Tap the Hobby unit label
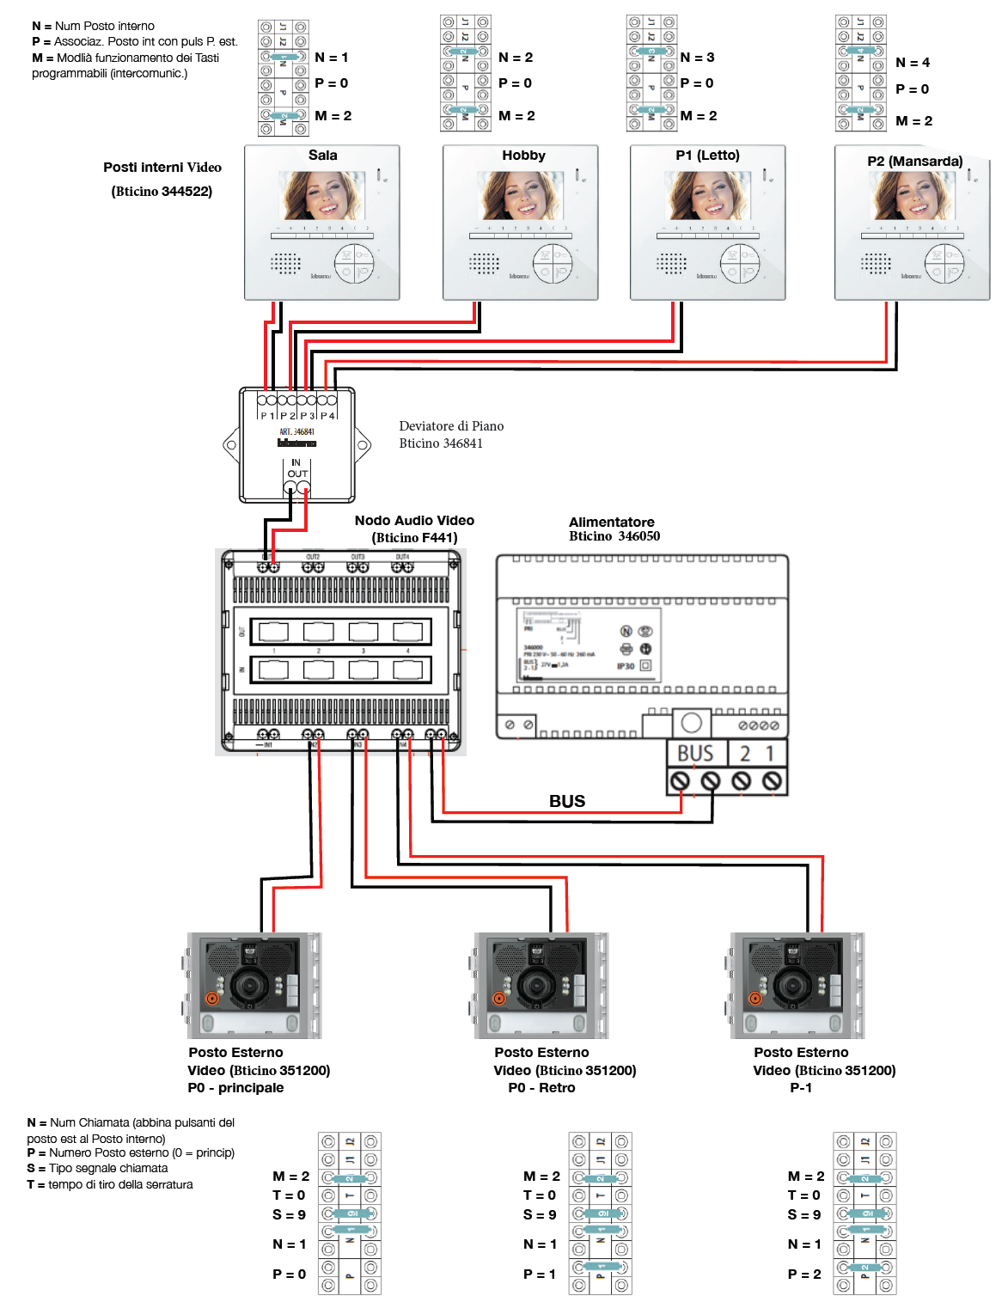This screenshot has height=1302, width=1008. click(523, 156)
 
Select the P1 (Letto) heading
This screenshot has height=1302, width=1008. click(707, 156)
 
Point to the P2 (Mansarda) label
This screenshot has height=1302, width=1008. click(914, 162)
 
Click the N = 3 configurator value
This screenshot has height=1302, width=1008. click(697, 58)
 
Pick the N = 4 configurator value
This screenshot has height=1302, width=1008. click(912, 63)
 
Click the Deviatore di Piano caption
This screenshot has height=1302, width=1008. click(451, 426)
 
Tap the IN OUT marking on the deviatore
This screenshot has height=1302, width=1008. click(296, 468)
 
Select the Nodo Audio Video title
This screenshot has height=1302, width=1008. click(414, 521)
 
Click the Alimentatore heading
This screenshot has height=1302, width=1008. click(611, 523)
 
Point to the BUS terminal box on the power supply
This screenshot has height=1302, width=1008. click(695, 754)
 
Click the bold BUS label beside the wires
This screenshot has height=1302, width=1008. click(567, 801)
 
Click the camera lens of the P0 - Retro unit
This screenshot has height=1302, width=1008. click(537, 984)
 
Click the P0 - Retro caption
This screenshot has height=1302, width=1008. click(541, 1088)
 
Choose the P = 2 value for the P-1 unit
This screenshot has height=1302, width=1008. click(804, 1274)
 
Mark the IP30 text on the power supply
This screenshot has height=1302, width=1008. click(626, 666)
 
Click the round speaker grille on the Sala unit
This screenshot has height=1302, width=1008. click(286, 262)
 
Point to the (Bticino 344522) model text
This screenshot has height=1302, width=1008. click(162, 192)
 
